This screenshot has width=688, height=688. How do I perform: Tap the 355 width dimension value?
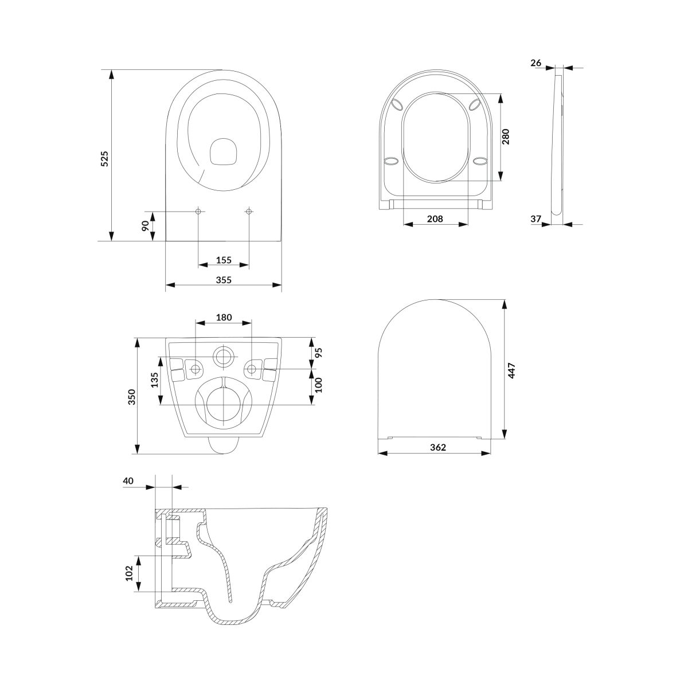(x=224, y=280)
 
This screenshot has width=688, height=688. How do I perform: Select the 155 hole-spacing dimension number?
(x=224, y=260)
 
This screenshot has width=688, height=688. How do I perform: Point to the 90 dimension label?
(x=145, y=226)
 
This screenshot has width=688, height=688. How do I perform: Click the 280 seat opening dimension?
(x=506, y=136)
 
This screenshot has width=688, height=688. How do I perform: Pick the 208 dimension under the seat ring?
(x=435, y=219)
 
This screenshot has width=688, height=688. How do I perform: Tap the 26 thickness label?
(x=535, y=63)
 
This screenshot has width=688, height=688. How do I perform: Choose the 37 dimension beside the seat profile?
(x=535, y=218)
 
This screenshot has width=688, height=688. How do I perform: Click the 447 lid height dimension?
(x=511, y=370)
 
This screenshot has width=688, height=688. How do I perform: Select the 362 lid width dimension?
(x=437, y=447)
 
